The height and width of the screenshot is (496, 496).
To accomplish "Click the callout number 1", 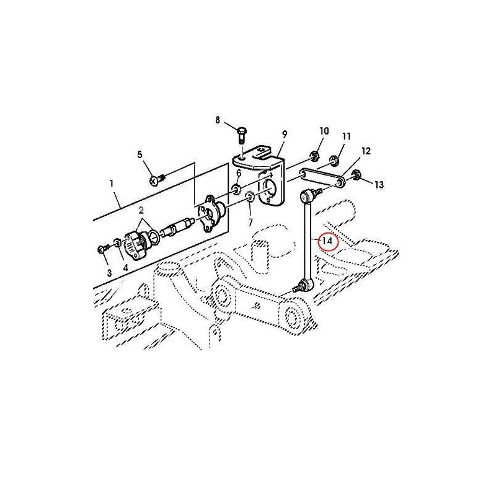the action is [112, 184].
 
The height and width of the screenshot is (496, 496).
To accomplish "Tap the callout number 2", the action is [141, 210].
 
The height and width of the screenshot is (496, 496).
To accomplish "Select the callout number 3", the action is [109, 273].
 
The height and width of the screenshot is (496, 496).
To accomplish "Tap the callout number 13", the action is [379, 184].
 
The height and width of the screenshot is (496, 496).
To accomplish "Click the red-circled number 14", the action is [328, 241].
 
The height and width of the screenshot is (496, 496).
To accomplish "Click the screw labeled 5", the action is [157, 180].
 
